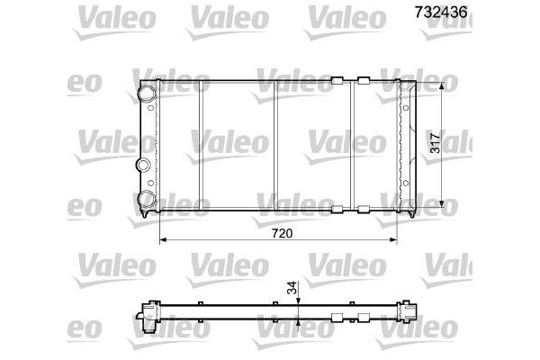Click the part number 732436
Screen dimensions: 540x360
pyautogui.click(x=441, y=13)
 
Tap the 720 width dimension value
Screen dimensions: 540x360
pyautogui.click(x=282, y=233)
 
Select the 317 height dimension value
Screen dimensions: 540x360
pyautogui.click(x=436, y=143)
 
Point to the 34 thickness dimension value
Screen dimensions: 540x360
pyautogui.click(x=292, y=288)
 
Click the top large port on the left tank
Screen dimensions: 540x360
pyautogui.click(x=147, y=93)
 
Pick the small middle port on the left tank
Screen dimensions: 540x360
pyautogui.click(x=142, y=165)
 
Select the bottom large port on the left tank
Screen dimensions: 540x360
pyautogui.click(x=147, y=199)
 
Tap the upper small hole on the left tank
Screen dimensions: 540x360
pyautogui.click(x=150, y=108)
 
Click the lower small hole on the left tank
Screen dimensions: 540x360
pyautogui.click(x=150, y=183)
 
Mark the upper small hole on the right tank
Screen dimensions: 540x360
pyautogui.click(x=406, y=108)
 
